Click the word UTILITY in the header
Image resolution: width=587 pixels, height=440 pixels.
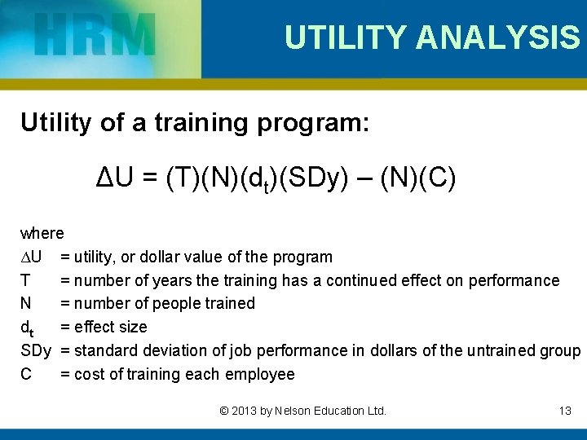click(345, 37)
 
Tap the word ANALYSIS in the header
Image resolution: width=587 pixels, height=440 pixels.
click(497, 37)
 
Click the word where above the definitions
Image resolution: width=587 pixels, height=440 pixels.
click(42, 233)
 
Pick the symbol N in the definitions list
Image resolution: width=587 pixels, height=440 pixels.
click(26, 304)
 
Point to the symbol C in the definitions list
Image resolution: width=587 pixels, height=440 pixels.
click(26, 374)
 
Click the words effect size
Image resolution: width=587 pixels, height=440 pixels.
click(110, 327)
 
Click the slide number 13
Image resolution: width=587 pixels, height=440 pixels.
click(565, 411)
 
